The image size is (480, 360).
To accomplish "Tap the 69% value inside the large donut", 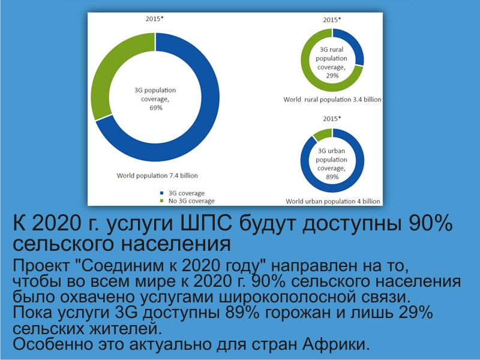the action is pos(156,108).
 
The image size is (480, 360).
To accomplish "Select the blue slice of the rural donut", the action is pos(355,43).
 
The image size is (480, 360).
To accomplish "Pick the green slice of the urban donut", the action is pos(322,134).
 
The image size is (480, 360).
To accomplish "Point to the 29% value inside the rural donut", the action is pos(332,76).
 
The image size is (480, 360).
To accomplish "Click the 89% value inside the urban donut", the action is pos(332,177).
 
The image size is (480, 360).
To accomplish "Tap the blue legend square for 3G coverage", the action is pos(162,193).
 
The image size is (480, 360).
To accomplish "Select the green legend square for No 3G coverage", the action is pos(162,201).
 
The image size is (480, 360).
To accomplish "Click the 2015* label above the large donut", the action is pos(155,19).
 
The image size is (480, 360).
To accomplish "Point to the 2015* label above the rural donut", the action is pos(332,20).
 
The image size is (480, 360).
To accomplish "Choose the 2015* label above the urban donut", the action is pos(332,118).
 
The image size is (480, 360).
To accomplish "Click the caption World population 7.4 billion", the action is pos(157,176).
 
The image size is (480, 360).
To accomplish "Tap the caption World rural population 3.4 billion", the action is pos(332,100).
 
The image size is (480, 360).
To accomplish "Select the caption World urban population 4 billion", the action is pos(333,201).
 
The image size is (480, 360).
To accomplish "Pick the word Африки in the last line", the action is pos(336,344).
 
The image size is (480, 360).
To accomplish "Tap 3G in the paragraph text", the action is pos(127,312).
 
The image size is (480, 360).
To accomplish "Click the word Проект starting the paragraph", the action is pos(41,266).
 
